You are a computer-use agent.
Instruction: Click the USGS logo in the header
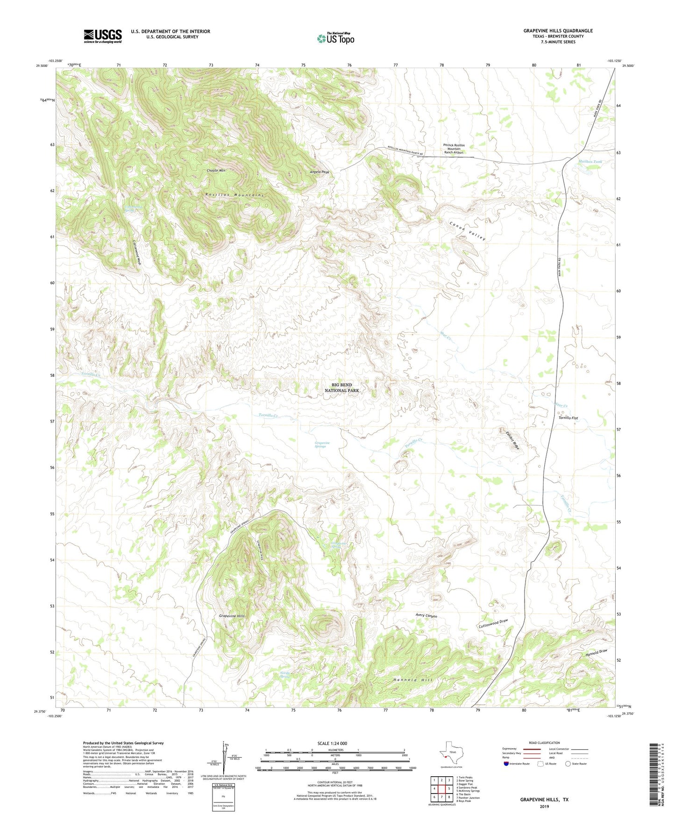(103, 36)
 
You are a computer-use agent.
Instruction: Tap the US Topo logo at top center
(335, 38)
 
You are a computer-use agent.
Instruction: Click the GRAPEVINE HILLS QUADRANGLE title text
(558, 31)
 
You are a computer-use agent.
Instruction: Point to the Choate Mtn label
(216, 171)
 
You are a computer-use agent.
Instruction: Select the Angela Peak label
(320, 172)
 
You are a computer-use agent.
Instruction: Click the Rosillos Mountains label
(234, 194)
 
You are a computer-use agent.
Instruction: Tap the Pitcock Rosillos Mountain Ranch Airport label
(454, 149)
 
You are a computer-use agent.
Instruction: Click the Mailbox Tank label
(590, 162)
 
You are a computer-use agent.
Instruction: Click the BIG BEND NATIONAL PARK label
(342, 387)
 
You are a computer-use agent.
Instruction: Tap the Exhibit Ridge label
(512, 440)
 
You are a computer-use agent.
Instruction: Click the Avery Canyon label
(426, 616)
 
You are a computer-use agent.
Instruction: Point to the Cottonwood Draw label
(493, 623)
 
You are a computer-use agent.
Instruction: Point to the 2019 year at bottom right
(544, 806)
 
